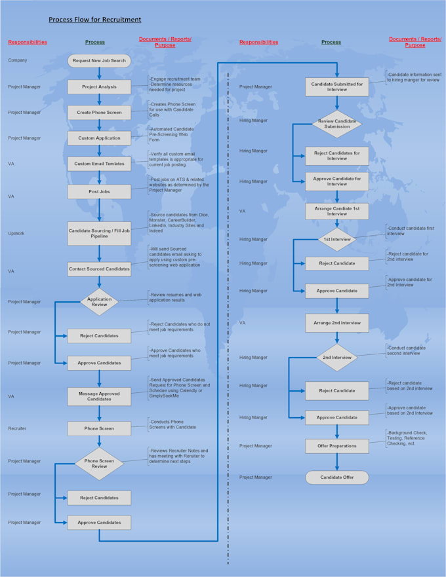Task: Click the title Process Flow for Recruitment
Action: (x=94, y=20)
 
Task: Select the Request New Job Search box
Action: (x=99, y=60)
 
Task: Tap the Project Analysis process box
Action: (x=99, y=86)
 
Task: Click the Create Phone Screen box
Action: (x=99, y=112)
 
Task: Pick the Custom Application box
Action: (x=99, y=138)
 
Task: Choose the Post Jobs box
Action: (x=99, y=192)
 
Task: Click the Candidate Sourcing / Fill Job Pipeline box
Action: (x=99, y=233)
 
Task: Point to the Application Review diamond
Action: (x=99, y=302)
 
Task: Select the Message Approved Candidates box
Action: (x=99, y=396)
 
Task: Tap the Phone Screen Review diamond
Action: (x=99, y=464)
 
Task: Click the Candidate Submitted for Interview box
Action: (x=337, y=86)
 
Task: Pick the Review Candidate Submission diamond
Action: (x=337, y=124)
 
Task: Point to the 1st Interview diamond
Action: (x=337, y=239)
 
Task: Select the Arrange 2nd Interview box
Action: (x=337, y=323)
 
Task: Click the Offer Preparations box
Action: (x=337, y=446)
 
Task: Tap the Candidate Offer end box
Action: (x=337, y=477)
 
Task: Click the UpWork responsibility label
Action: (x=16, y=233)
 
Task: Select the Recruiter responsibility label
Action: (x=18, y=428)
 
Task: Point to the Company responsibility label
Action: (x=18, y=60)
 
